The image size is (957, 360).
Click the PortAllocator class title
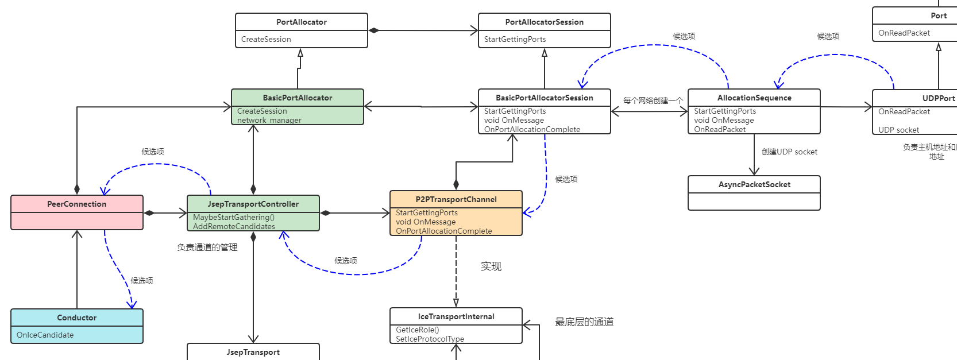tap(301, 22)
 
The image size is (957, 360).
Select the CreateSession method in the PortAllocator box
tap(266, 39)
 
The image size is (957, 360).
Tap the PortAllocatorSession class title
tap(544, 22)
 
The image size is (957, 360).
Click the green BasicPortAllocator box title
tap(297, 98)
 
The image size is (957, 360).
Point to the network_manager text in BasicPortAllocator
tap(269, 120)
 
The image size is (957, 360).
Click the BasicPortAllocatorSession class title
tap(544, 98)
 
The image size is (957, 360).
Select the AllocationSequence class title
tap(754, 98)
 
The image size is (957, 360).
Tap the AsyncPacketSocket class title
tap(754, 184)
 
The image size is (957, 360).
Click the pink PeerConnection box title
tap(76, 204)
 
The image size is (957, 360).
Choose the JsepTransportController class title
tap(253, 204)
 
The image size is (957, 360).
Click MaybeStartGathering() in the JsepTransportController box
tap(234, 217)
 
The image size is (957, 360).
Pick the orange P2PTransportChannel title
tap(456, 199)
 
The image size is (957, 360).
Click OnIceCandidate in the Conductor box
tap(45, 335)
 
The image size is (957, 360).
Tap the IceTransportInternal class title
tap(456, 316)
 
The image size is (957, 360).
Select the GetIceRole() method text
tap(417, 330)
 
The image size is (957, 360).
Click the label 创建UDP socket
tap(789, 152)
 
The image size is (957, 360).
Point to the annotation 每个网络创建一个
tap(653, 100)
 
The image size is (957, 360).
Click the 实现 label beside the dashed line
tap(491, 266)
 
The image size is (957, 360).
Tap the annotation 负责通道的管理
tap(207, 247)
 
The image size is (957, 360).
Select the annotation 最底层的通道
tap(584, 322)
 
